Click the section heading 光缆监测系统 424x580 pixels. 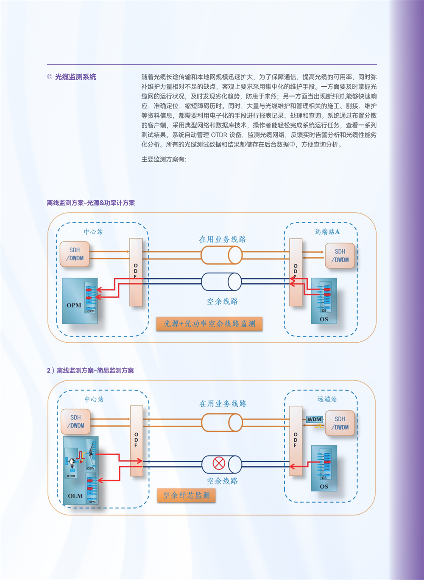tap(75, 77)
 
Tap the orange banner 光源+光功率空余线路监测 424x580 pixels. tap(209, 324)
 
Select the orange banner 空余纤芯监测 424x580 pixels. tap(187, 496)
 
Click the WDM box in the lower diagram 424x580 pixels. tap(314, 419)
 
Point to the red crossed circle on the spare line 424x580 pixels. tap(219, 463)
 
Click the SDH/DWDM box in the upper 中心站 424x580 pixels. tap(75, 254)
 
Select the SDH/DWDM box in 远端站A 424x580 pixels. tap(340, 256)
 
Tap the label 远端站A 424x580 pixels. tap(327, 232)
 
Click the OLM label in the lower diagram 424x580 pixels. tap(75, 496)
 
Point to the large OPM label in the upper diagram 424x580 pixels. tap(74, 305)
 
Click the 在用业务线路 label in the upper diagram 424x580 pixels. tap(222, 239)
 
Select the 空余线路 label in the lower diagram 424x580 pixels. tap(222, 481)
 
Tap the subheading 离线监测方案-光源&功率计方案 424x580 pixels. tap(91, 203)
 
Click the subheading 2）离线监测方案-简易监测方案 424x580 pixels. tap(90, 371)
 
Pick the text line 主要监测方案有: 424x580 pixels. tap(164, 159)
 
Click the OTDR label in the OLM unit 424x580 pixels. tap(71, 476)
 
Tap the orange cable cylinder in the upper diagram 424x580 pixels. tap(221, 255)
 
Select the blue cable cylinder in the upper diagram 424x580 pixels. tap(221, 282)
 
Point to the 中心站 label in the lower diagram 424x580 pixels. tap(94, 400)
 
